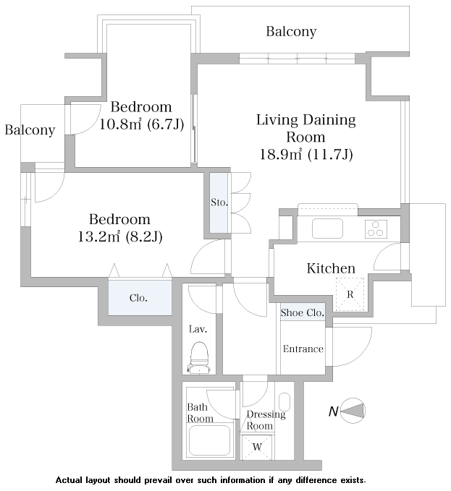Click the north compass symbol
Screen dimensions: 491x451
click(x=353, y=410)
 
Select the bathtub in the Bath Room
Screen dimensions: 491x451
click(x=209, y=438)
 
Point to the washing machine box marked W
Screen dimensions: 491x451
click(x=256, y=446)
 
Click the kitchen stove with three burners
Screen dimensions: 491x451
click(x=375, y=229)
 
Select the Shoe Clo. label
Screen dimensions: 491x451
click(x=302, y=313)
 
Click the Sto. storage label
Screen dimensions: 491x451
click(x=219, y=202)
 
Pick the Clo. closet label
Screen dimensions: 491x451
click(x=139, y=297)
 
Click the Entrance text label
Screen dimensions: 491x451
click(x=303, y=349)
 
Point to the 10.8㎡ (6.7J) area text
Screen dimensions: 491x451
click(x=141, y=124)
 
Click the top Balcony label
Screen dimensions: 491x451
click(x=291, y=32)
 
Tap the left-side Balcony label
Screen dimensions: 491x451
click(x=30, y=130)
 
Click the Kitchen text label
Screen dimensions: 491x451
click(x=331, y=268)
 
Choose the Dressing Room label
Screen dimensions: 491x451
click(x=266, y=420)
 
